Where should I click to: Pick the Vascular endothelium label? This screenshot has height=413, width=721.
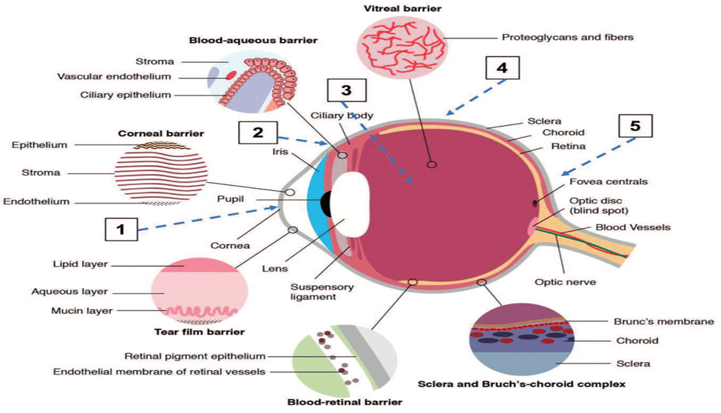115,76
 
